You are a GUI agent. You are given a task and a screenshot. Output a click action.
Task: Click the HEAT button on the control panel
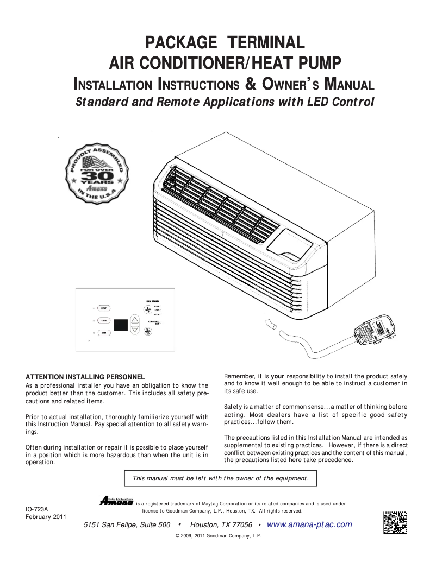pyautogui.click(x=103, y=308)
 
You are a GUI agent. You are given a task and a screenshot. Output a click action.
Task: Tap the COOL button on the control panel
pyautogui.click(x=103, y=320)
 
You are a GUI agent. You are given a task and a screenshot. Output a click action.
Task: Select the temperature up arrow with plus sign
pyautogui.click(x=135, y=320)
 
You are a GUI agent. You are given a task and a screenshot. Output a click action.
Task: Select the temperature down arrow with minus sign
pyautogui.click(x=135, y=329)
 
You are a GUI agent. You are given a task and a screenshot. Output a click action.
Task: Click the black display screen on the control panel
pyautogui.click(x=121, y=325)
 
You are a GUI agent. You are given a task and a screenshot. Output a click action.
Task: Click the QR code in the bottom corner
pyautogui.click(x=395, y=522)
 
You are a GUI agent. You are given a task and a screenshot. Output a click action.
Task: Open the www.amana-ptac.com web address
pyautogui.click(x=309, y=524)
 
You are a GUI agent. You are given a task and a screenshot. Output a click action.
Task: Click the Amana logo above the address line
pyautogui.click(x=116, y=501)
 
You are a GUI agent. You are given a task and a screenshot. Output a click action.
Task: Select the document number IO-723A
pyautogui.click(x=37, y=509)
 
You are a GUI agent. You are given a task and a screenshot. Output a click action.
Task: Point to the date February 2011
pyautogui.click(x=46, y=517)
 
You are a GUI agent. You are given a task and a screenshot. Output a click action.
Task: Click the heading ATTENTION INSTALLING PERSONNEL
pyautogui.click(x=85, y=377)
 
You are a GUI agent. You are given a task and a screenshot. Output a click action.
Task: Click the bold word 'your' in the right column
pyautogui.click(x=278, y=376)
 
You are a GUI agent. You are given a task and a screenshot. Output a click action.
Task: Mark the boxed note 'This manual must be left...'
pyautogui.click(x=220, y=478)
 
